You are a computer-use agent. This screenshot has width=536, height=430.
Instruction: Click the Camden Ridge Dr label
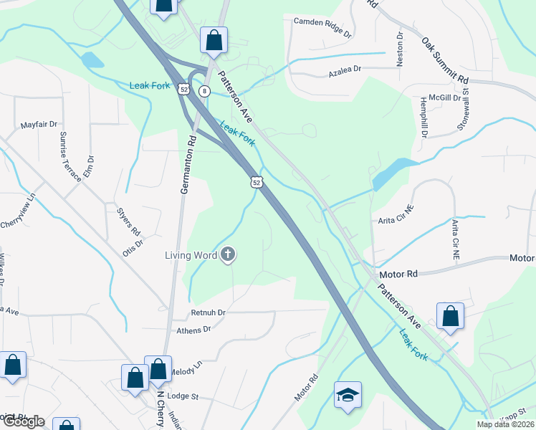click(323, 28)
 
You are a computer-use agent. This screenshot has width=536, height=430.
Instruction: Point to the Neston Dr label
click(400, 49)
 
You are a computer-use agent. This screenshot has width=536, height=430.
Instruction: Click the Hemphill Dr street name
click(424, 116)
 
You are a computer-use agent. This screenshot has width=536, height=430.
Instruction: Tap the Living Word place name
click(191, 254)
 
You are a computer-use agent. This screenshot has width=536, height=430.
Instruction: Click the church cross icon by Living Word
click(228, 254)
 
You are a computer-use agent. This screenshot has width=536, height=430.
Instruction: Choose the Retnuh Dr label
click(208, 312)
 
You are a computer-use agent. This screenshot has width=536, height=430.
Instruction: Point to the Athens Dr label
click(194, 330)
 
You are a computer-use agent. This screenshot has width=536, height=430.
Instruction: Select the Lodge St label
click(182, 396)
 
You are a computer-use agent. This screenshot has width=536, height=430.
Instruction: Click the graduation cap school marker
click(348, 395)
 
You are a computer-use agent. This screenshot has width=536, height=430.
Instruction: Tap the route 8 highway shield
click(204, 91)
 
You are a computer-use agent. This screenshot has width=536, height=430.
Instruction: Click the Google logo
click(23, 421)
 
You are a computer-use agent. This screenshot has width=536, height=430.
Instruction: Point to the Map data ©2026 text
click(504, 424)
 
